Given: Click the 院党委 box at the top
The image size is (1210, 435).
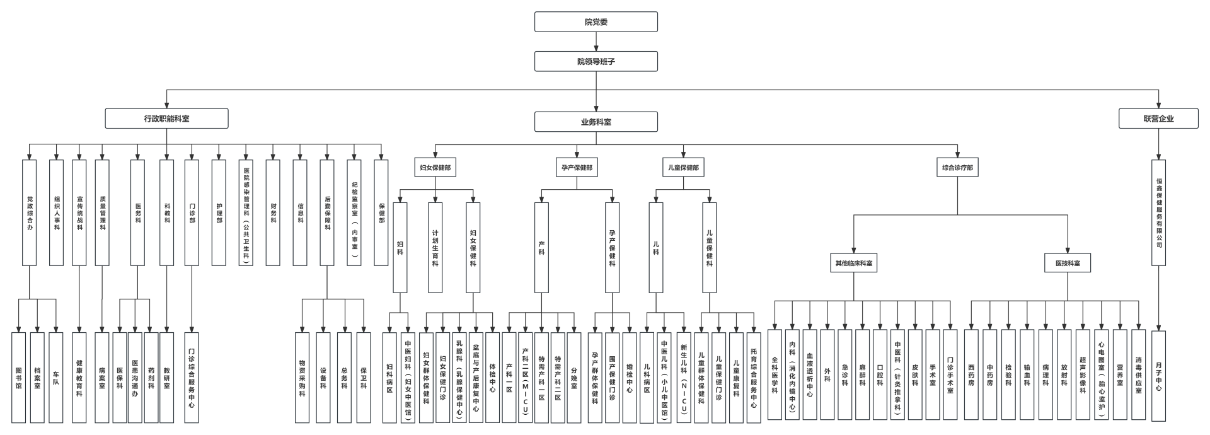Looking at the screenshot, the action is pos(596,22).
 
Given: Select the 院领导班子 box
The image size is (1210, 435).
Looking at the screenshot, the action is pos(596,61).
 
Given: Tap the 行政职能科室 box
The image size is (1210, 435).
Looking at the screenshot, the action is pos(166,119).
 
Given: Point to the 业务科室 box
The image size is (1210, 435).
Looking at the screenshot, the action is pos(596,122).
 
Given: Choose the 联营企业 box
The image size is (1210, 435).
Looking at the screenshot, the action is pos(1158,119).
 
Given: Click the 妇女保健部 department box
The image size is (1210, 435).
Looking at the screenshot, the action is pos(435,168).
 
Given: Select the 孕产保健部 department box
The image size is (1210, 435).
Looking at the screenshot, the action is pos(577,168).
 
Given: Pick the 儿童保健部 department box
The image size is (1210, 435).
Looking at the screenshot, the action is pos(684,168).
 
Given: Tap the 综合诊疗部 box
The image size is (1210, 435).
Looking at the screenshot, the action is pos(957,168).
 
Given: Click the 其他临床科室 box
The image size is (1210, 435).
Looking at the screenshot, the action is pos(854,263).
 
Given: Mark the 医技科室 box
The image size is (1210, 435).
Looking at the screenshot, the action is pos(1068,263).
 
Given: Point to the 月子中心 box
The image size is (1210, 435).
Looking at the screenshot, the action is pos(1158,376).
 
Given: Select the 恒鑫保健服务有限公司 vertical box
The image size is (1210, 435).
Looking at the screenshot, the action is pos(1158,212).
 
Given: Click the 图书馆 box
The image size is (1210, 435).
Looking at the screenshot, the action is pos(18,377).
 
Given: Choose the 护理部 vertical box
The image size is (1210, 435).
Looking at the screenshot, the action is pos(219,212).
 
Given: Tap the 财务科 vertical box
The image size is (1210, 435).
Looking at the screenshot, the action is pos(273,212).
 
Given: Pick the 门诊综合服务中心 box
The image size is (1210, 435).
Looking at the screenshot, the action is pos(192,377).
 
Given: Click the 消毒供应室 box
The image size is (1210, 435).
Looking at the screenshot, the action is pos(1138,374).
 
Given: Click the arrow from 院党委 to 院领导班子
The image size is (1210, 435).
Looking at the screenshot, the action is pos(596,42).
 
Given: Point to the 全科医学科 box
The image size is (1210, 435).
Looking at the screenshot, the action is pos(775,374).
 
